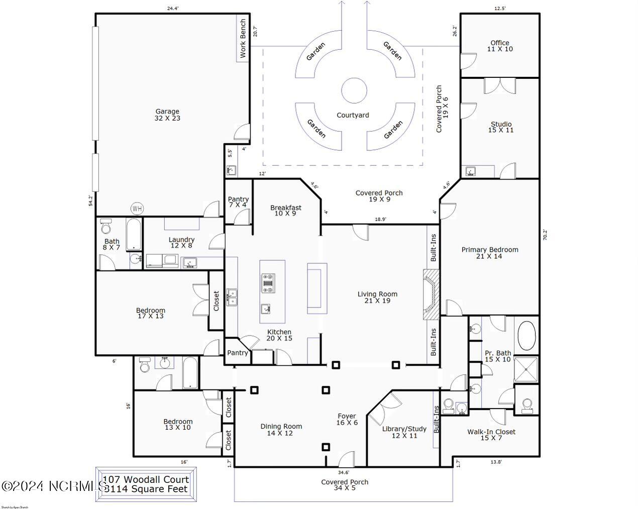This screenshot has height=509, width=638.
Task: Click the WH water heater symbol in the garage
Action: click(x=137, y=208)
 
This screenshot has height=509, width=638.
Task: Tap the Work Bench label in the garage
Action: click(x=243, y=39)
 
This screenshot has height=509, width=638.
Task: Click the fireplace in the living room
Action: click(x=431, y=294)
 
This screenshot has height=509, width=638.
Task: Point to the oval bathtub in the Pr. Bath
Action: click(x=526, y=336)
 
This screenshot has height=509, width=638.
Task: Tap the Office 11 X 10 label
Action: click(x=500, y=46)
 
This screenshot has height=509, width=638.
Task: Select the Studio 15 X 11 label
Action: click(x=501, y=127)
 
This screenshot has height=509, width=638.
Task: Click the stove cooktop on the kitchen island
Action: click(x=267, y=282)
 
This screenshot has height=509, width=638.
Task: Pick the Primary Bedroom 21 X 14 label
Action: click(x=490, y=253)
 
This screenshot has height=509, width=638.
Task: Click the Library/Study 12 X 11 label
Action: click(x=404, y=432)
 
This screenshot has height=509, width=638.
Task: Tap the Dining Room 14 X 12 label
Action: click(x=281, y=430)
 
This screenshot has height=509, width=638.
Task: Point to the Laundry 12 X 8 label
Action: click(x=181, y=243)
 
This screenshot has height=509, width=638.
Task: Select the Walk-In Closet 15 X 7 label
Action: click(x=491, y=435)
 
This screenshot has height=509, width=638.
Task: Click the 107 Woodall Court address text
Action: click(x=146, y=479)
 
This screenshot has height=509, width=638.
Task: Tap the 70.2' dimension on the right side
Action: click(x=545, y=235)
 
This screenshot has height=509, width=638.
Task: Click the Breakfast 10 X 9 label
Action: click(x=285, y=210)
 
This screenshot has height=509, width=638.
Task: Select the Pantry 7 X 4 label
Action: click(x=238, y=202)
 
